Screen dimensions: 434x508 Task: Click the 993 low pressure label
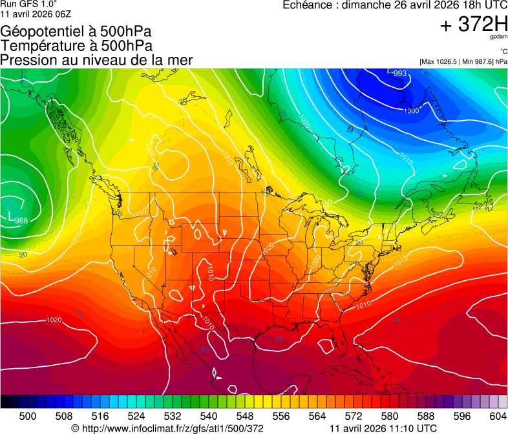(400, 74)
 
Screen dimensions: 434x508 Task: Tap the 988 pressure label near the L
(21, 220)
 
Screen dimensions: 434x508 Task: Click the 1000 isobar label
(411, 110)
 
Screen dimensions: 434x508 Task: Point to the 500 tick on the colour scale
(28, 417)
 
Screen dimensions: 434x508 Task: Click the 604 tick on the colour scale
(498, 417)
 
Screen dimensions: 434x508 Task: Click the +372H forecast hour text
(474, 25)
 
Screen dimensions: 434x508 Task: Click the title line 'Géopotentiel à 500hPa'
(76, 32)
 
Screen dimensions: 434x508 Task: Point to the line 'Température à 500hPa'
(76, 46)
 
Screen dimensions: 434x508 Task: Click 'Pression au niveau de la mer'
(96, 60)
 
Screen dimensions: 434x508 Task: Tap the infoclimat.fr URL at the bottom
(167, 428)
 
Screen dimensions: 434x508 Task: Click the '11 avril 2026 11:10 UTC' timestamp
(383, 428)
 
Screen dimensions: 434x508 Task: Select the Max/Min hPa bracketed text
(463, 61)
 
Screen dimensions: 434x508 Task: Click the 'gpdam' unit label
(498, 37)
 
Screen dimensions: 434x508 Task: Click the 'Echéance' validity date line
(395, 5)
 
